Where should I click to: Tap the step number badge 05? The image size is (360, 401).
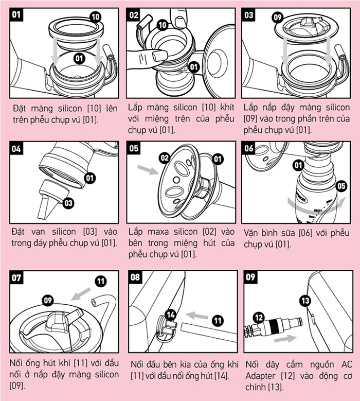[134, 149]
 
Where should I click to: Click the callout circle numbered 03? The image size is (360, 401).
[69, 203]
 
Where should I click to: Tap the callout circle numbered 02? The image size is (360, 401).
[165, 159]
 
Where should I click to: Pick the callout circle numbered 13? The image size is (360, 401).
[305, 300]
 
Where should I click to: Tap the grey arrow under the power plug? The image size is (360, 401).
[284, 338]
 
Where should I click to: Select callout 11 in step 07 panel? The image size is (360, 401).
[101, 281]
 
